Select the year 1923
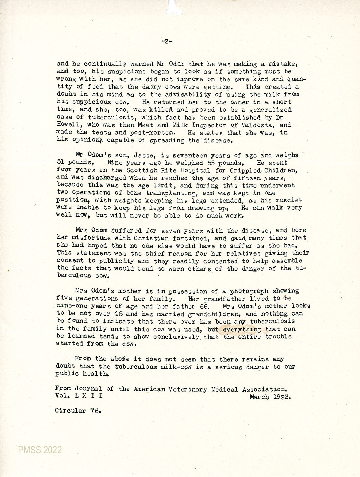(x=282, y=397)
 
